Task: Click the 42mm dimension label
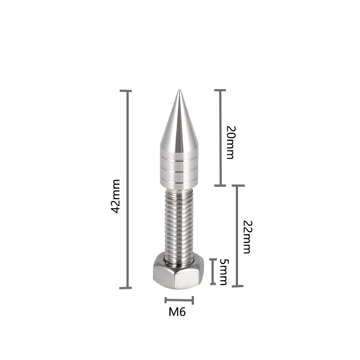pyautogui.click(x=116, y=196)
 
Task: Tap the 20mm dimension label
pyautogui.click(x=230, y=143)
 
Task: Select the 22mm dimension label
pyautogui.click(x=246, y=237)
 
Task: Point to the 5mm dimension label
pyautogui.click(x=222, y=272)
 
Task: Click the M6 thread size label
pyautogui.click(x=177, y=312)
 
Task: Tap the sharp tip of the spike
pyautogui.click(x=179, y=92)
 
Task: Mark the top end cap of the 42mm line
pyautogui.click(x=126, y=91)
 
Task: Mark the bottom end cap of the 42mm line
pyautogui.click(x=126, y=288)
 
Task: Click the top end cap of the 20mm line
pyautogui.click(x=220, y=90)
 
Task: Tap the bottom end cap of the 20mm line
pyautogui.click(x=220, y=185)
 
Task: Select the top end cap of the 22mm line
pyautogui.click(x=238, y=185)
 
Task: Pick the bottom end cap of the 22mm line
pyautogui.click(x=238, y=286)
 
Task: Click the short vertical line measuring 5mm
pyautogui.click(x=213, y=271)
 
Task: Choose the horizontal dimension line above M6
pyautogui.click(x=179, y=300)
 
